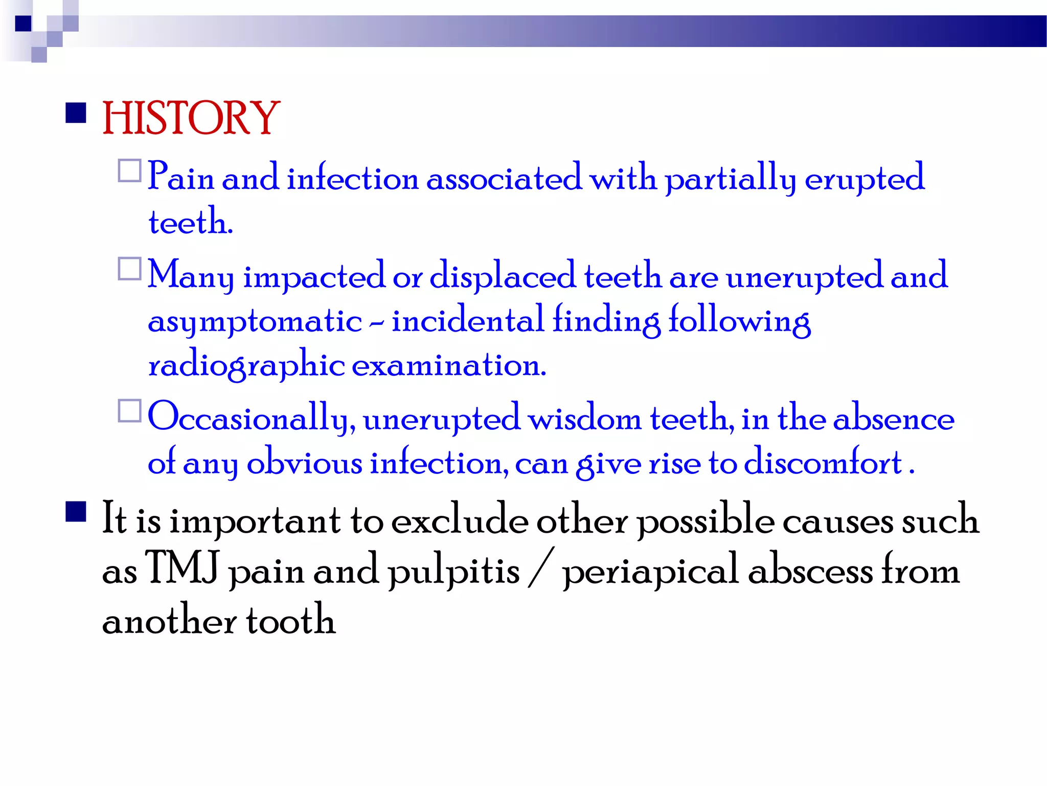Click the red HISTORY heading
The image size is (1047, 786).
[x=191, y=118]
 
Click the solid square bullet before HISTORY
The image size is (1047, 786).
[x=76, y=113]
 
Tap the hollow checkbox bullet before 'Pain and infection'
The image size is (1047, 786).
[x=129, y=171]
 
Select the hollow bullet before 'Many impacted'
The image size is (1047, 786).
[x=129, y=269]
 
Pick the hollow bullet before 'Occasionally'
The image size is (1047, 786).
[x=129, y=411]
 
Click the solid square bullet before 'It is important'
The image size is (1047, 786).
[x=76, y=511]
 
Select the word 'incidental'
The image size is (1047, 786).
[x=467, y=321]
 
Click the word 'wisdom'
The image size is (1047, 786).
[x=584, y=419]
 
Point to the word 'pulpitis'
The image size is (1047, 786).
[x=453, y=571]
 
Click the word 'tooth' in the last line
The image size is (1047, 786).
[x=290, y=620]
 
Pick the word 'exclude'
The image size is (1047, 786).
[x=460, y=520]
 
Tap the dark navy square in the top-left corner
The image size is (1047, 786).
[x=23, y=24]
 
